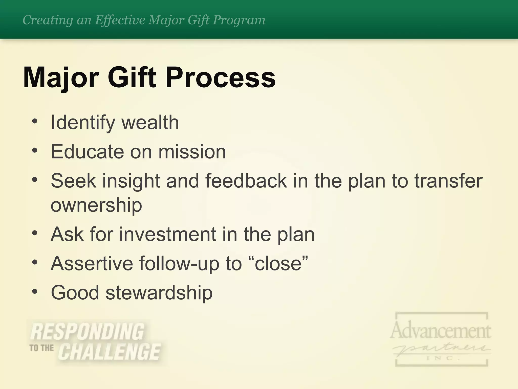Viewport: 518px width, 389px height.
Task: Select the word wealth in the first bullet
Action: [x=150, y=123]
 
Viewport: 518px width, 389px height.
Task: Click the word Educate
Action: [x=87, y=152]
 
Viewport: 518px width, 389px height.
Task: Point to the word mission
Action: [x=192, y=152]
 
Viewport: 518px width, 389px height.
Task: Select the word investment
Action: [x=167, y=234]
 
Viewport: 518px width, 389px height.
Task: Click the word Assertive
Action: [x=92, y=263]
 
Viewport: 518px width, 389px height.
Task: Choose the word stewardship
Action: [x=159, y=293]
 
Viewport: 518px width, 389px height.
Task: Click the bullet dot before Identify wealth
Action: [x=35, y=121]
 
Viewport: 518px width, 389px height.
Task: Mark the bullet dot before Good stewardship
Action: [x=35, y=291]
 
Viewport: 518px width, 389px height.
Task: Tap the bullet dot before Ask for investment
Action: [x=35, y=233]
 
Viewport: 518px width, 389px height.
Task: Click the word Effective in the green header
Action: [x=120, y=20]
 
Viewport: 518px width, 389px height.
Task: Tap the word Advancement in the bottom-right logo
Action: [x=440, y=330]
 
